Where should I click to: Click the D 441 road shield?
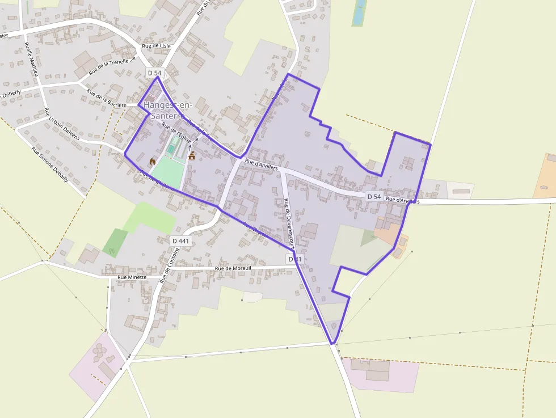180,241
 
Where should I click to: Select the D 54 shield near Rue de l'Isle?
154,73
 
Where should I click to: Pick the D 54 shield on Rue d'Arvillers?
373,196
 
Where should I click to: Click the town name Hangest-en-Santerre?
168,110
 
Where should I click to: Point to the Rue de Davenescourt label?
288,226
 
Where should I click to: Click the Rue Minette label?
132,277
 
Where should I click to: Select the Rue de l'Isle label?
156,45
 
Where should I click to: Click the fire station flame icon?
152,162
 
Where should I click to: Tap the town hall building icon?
192,156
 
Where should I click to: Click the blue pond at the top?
359,12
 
